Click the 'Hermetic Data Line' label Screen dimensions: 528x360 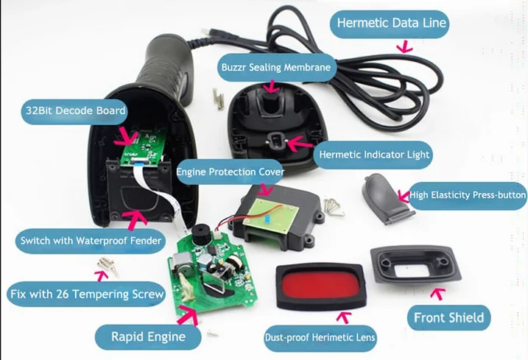pyautogui.click(x=391, y=23)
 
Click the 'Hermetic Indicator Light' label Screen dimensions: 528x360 pyautogui.click(x=374, y=155)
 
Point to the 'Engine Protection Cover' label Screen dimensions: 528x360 pyautogui.click(x=230, y=172)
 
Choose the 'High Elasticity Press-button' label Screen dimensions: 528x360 pyautogui.click(x=468, y=195)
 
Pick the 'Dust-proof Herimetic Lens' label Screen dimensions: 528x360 pyautogui.click(x=320, y=339)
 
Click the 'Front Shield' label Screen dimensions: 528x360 pyautogui.click(x=448, y=317)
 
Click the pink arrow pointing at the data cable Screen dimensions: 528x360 pyautogui.click(x=403, y=46)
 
